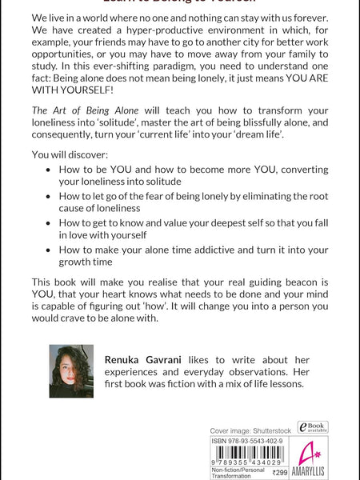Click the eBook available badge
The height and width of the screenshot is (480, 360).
click(x=312, y=428)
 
